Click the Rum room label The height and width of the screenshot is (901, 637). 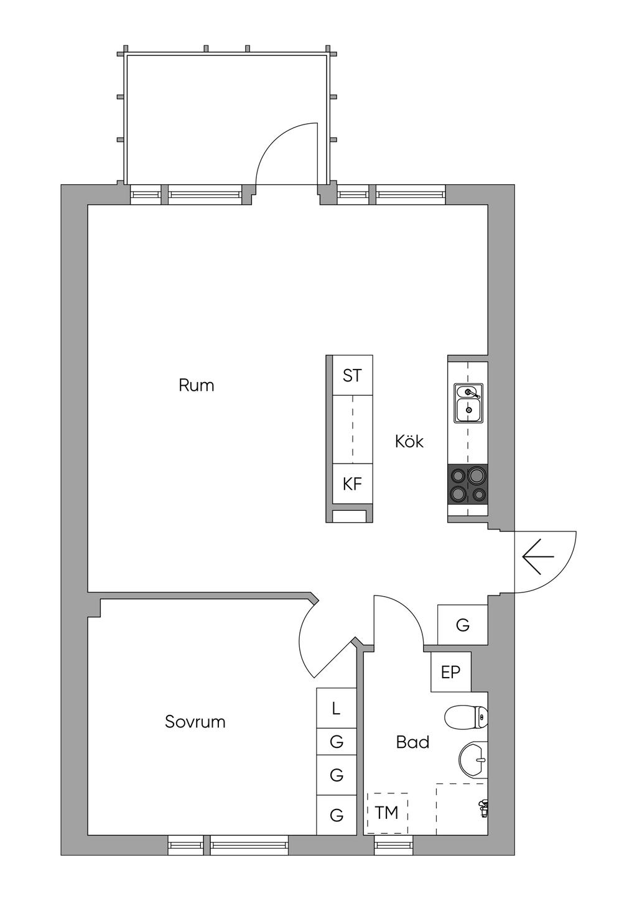[x=197, y=385]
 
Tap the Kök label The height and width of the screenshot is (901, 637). [x=409, y=441]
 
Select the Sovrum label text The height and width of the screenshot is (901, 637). [x=195, y=722]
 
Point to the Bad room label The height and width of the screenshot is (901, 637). [x=412, y=742]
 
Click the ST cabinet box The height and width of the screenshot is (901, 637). [x=352, y=376]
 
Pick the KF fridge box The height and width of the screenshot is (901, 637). [x=352, y=483]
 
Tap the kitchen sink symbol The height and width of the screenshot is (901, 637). [x=468, y=403]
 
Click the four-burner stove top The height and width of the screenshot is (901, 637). [x=468, y=485]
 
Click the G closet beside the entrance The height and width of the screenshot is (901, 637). [x=462, y=625]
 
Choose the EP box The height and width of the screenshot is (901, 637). [x=451, y=672]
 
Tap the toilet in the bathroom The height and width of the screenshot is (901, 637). [x=467, y=717]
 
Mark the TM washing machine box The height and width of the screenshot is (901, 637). [x=387, y=812]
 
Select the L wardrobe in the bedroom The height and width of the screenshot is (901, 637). [x=336, y=708]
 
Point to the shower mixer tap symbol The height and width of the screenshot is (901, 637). [x=482, y=808]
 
